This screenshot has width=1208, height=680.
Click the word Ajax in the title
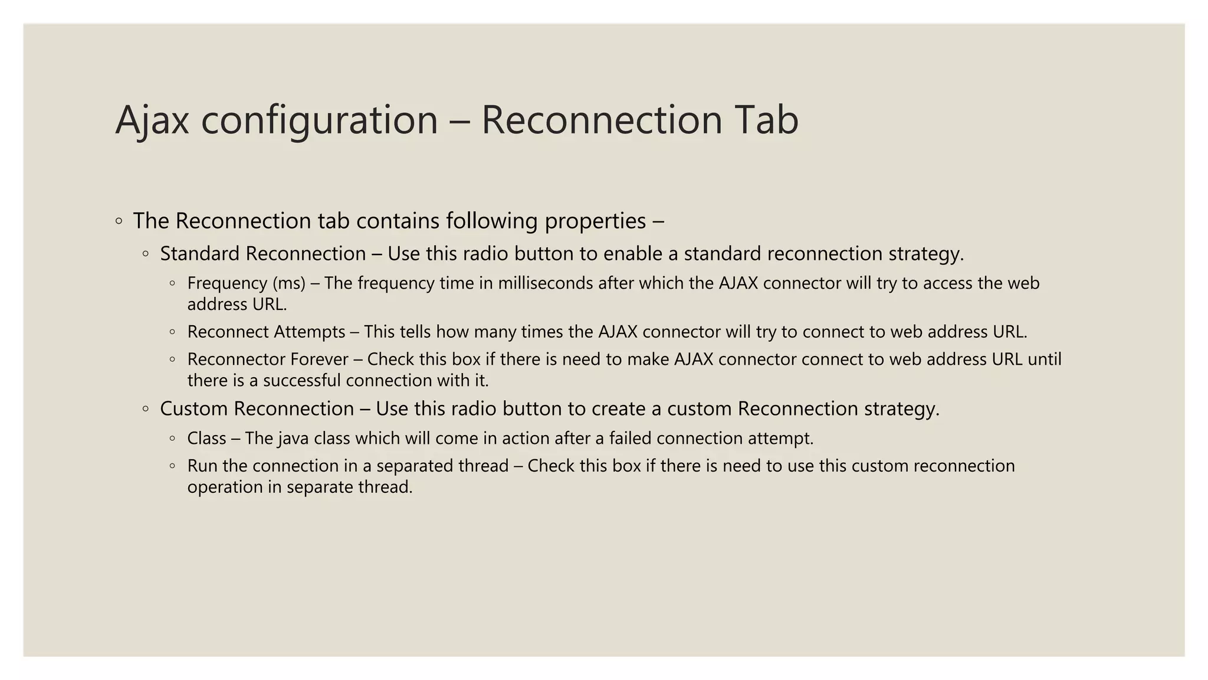(152, 120)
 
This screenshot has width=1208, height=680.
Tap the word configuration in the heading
(319, 120)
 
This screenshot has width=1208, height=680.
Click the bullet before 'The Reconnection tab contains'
(119, 221)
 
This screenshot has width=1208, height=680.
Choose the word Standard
(201, 254)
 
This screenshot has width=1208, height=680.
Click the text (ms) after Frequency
(289, 283)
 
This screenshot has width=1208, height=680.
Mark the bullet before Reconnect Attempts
(172, 332)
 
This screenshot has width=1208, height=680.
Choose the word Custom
(194, 408)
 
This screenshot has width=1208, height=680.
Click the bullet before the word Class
(172, 439)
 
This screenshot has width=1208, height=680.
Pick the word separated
(412, 466)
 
